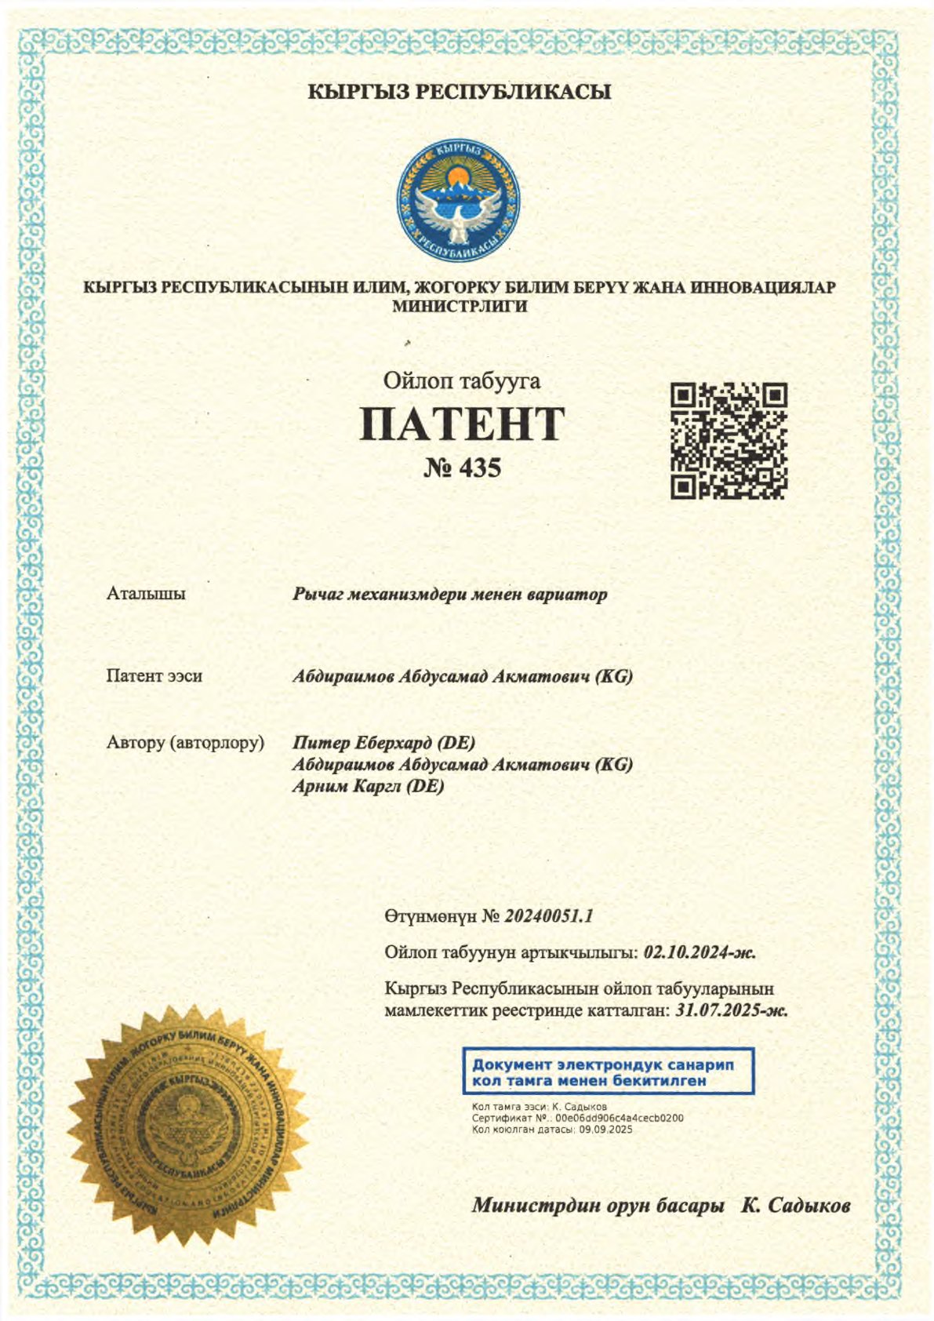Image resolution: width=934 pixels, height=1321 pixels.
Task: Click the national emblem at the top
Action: pyautogui.click(x=459, y=201)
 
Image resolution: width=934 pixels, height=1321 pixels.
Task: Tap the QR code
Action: pyautogui.click(x=729, y=441)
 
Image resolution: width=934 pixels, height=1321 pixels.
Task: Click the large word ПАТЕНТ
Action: pyautogui.click(x=462, y=424)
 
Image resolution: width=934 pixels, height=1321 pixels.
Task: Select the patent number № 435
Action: pyautogui.click(x=462, y=468)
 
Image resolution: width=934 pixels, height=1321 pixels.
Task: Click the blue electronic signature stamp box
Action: pyautogui.click(x=608, y=1072)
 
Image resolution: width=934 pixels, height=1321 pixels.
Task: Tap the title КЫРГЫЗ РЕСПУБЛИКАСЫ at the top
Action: pyautogui.click(x=459, y=93)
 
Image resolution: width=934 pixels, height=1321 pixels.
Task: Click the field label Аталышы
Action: pyautogui.click(x=146, y=594)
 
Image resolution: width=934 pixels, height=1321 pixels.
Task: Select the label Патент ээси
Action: pyautogui.click(x=154, y=676)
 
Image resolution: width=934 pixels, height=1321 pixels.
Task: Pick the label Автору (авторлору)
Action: pyautogui.click(x=185, y=742)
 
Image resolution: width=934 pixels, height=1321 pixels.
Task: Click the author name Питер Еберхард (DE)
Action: pyautogui.click(x=383, y=742)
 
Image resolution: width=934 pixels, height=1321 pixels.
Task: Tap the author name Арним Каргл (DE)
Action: pyautogui.click(x=369, y=786)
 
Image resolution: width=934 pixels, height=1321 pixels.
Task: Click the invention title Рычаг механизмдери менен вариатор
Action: pyautogui.click(x=449, y=595)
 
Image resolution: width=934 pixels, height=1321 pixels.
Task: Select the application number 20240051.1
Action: pyautogui.click(x=549, y=916)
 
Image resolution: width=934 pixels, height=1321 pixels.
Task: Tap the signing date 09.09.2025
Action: pyautogui.click(x=605, y=1130)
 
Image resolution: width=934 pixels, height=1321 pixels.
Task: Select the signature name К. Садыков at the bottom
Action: pyautogui.click(x=796, y=1206)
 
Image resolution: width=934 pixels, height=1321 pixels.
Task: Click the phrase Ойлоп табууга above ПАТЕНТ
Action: pyautogui.click(x=462, y=381)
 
